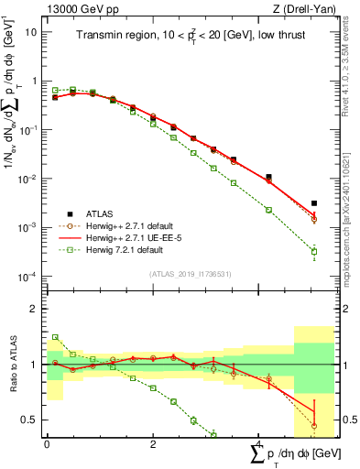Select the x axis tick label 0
(x=47, y=445)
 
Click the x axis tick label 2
(x=151, y=445)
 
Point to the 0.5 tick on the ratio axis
(x=30, y=420)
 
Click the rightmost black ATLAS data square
(x=314, y=203)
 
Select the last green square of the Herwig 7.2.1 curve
(x=314, y=251)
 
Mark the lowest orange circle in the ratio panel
(x=314, y=426)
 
